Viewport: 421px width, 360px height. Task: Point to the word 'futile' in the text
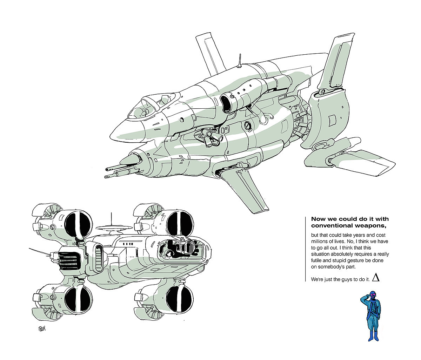click(318, 260)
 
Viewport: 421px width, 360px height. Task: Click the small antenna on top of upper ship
click(239, 60)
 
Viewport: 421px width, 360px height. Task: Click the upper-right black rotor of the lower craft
click(180, 223)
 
